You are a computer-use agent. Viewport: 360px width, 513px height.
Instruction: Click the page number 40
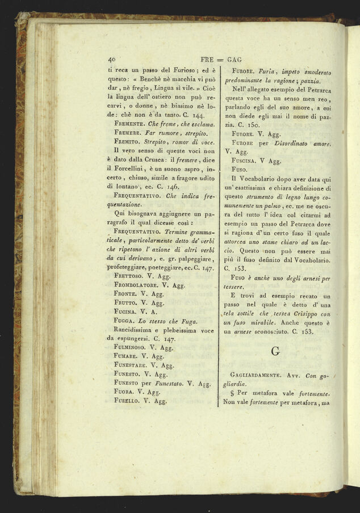click(111, 58)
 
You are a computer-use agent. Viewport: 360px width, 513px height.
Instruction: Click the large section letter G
click(275, 352)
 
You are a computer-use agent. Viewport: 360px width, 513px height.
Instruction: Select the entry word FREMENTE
click(132, 123)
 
